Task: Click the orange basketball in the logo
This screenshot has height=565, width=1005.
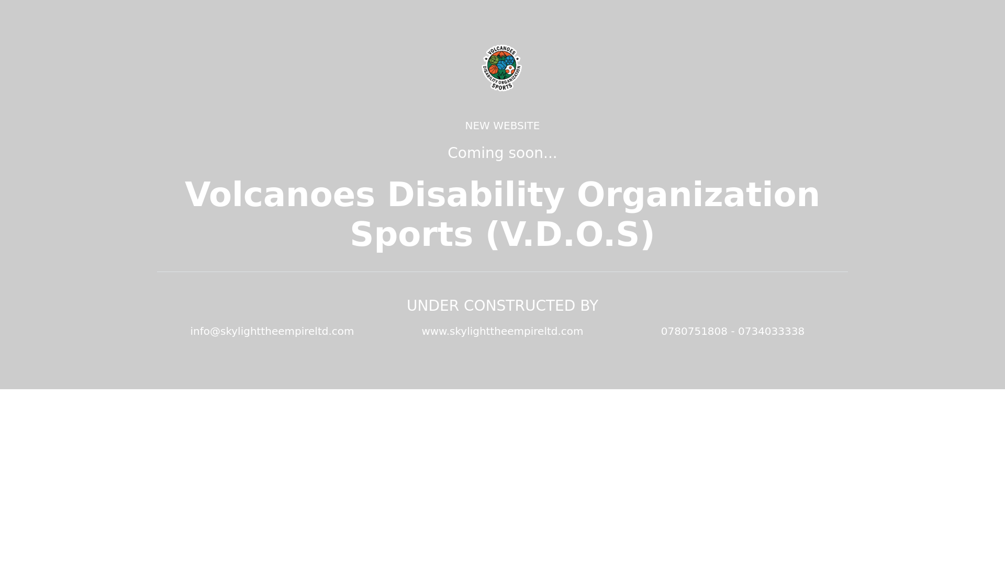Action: pos(494,70)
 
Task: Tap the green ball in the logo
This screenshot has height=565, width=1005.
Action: pos(494,60)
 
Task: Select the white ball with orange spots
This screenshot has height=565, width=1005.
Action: pos(510,69)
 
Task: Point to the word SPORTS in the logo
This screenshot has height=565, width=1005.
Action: pos(501,86)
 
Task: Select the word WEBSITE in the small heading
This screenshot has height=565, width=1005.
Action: pos(516,126)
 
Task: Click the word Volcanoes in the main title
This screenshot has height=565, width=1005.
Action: pos(280,195)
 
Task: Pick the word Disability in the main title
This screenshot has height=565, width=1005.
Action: pos(476,195)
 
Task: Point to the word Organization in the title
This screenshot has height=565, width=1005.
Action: pos(698,195)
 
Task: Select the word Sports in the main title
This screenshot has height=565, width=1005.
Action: pos(411,234)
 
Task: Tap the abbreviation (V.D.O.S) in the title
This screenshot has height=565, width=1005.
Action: pos(570,234)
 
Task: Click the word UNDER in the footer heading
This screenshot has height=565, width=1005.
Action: pos(432,306)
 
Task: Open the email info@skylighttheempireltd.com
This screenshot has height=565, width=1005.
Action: pos(272,332)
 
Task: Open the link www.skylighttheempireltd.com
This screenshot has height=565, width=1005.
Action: pos(502,332)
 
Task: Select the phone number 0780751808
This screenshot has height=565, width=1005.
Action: pos(694,332)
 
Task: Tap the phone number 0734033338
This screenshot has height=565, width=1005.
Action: pos(771,332)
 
